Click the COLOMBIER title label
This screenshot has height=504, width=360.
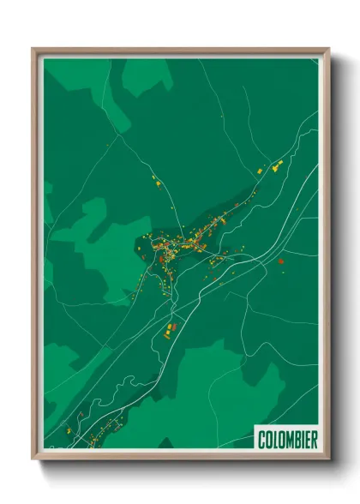coord(287,440)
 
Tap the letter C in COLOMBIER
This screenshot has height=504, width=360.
coord(261,440)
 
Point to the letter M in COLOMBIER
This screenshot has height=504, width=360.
coord(286,440)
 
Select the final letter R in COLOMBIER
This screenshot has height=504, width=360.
coord(314,440)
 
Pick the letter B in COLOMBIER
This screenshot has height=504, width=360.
coord(295,440)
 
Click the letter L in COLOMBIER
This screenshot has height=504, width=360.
coord(273,440)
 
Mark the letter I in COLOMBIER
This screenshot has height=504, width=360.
coord(301,440)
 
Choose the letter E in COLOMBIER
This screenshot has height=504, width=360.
coord(307,440)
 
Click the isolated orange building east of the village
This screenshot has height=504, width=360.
coord(280,261)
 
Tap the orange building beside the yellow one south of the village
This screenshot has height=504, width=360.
coord(171,327)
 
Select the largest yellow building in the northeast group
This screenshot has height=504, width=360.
coord(276,169)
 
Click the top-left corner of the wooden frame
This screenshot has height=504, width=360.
coord(33,49)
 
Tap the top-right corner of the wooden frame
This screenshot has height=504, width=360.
coord(328,49)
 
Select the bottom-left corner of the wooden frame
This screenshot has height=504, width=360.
coord(33,459)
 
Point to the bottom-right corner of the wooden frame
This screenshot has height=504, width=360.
coord(328,459)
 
